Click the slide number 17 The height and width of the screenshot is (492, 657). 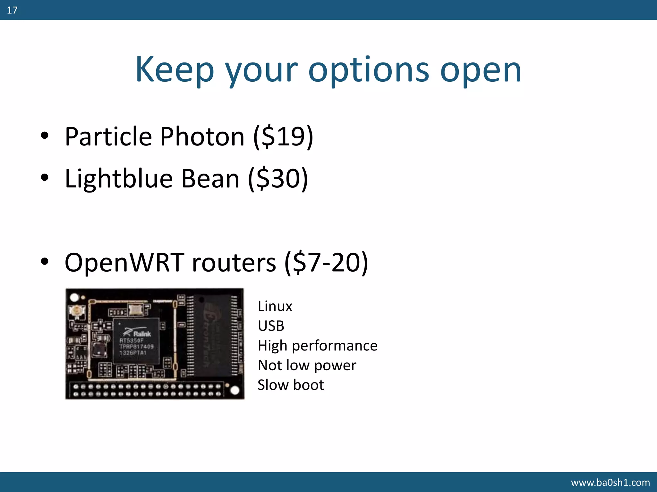[12, 10]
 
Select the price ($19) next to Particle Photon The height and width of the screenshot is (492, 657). [283, 137]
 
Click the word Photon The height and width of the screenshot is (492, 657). [202, 137]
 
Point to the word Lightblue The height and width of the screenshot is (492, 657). [119, 178]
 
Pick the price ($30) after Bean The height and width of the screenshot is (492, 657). [278, 178]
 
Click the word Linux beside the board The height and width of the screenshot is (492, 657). [275, 307]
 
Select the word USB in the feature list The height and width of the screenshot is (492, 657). [271, 326]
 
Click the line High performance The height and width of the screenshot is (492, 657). [318, 346]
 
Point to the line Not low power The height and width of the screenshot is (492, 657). [307, 365]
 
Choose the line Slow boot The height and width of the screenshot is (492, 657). [291, 385]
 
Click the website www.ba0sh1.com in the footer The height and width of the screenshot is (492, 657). [610, 482]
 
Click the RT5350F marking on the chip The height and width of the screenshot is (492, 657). [131, 340]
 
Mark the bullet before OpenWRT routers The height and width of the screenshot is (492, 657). [45, 261]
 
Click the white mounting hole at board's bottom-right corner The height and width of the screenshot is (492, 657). [235, 390]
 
